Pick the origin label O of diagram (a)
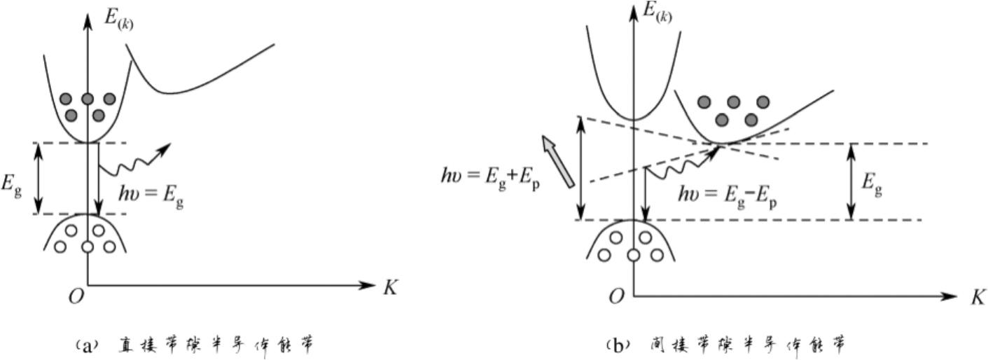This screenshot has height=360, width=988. pyautogui.click(x=76, y=297)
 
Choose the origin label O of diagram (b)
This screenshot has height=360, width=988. pyautogui.click(x=615, y=297)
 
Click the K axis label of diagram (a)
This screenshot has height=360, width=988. pyautogui.click(x=390, y=287)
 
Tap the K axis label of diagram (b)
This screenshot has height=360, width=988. pyautogui.click(x=977, y=297)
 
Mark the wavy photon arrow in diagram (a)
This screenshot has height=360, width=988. pyautogui.click(x=133, y=161)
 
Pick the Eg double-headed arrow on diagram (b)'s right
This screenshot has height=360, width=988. pyautogui.click(x=850, y=181)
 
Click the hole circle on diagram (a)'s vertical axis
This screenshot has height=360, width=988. pyautogui.click(x=87, y=247)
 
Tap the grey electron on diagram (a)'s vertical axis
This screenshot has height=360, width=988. pyautogui.click(x=87, y=99)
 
